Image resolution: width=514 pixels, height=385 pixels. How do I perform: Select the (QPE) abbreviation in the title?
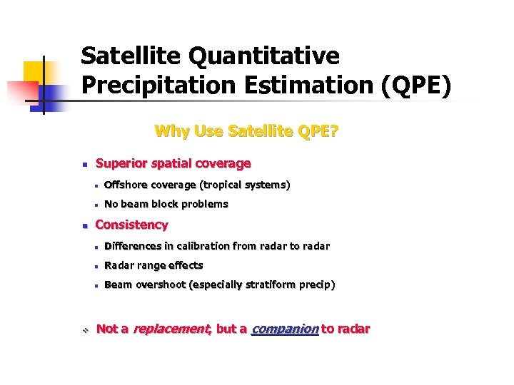[415, 84]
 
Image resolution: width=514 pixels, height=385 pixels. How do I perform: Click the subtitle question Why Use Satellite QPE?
[246, 131]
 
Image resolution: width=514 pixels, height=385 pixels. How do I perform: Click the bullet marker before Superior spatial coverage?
[84, 165]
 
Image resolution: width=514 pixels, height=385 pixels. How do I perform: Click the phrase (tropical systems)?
[244, 185]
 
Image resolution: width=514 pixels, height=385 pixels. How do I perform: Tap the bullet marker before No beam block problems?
[94, 205]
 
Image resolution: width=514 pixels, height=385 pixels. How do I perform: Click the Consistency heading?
[131, 225]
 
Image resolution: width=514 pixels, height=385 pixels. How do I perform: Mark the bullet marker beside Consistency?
[84, 226]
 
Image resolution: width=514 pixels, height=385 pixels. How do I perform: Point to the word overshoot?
[161, 284]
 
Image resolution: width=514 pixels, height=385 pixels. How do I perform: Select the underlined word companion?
[285, 329]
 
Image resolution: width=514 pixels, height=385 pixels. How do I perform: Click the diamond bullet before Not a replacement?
[84, 329]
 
